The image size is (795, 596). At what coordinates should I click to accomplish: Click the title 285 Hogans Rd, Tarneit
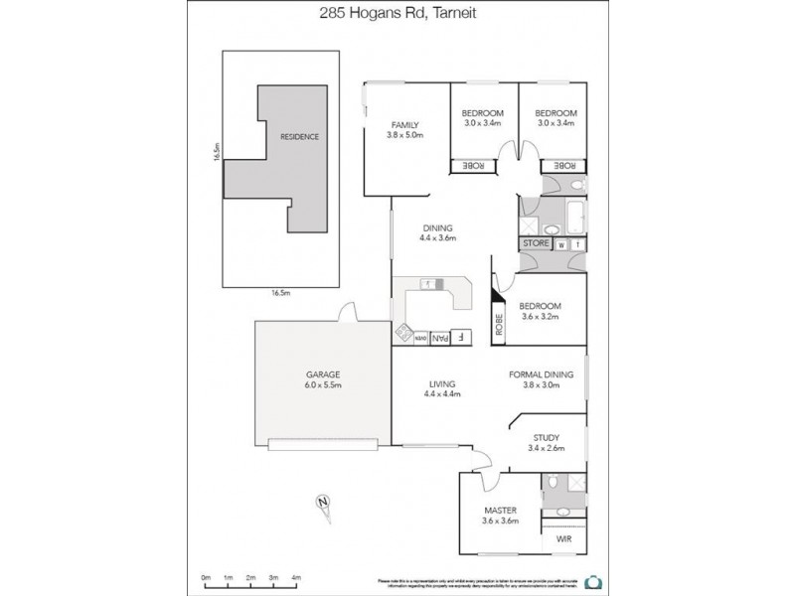397,13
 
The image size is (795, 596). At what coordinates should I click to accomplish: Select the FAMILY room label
404,124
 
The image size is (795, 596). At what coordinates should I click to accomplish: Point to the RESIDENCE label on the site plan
299,136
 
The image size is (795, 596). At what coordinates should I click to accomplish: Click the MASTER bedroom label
501,510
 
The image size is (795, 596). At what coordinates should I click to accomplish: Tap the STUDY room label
546,437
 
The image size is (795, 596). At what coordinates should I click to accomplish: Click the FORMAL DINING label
542,374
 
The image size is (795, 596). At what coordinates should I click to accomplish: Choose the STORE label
536,243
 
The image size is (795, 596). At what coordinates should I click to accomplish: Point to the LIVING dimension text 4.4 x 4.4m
441,394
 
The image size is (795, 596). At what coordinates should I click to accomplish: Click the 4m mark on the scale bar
296,576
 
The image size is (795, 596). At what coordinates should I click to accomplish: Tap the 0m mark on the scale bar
206,576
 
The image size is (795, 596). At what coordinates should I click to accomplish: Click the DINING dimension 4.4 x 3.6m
436,238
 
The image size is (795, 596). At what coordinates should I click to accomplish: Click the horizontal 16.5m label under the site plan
280,293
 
